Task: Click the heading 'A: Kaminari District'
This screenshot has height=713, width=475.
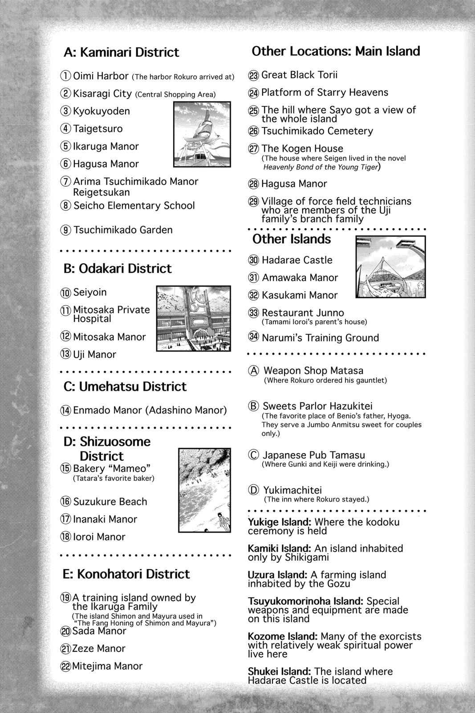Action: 121,52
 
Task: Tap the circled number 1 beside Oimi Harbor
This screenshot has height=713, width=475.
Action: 66,76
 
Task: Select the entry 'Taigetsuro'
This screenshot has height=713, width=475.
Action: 97,129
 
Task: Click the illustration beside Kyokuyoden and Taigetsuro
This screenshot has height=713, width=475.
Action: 202,134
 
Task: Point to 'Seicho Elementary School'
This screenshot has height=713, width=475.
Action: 134,205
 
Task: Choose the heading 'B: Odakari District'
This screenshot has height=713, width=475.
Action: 118,268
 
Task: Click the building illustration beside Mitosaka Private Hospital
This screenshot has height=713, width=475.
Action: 194,318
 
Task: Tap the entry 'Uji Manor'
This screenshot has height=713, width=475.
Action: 94,354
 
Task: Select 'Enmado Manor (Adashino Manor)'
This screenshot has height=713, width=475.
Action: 150,410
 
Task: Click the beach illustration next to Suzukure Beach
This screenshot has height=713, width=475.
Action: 205,490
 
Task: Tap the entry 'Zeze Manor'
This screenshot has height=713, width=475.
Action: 99,648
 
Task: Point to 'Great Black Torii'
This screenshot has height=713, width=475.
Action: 299,75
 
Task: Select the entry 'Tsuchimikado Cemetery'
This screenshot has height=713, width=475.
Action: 317,131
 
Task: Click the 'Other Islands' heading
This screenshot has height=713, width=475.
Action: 292,239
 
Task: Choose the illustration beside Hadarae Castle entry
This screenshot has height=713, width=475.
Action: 390,267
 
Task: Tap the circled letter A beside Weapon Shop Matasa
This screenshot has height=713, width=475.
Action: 254,371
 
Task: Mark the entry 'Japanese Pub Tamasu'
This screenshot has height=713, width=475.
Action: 313,455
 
